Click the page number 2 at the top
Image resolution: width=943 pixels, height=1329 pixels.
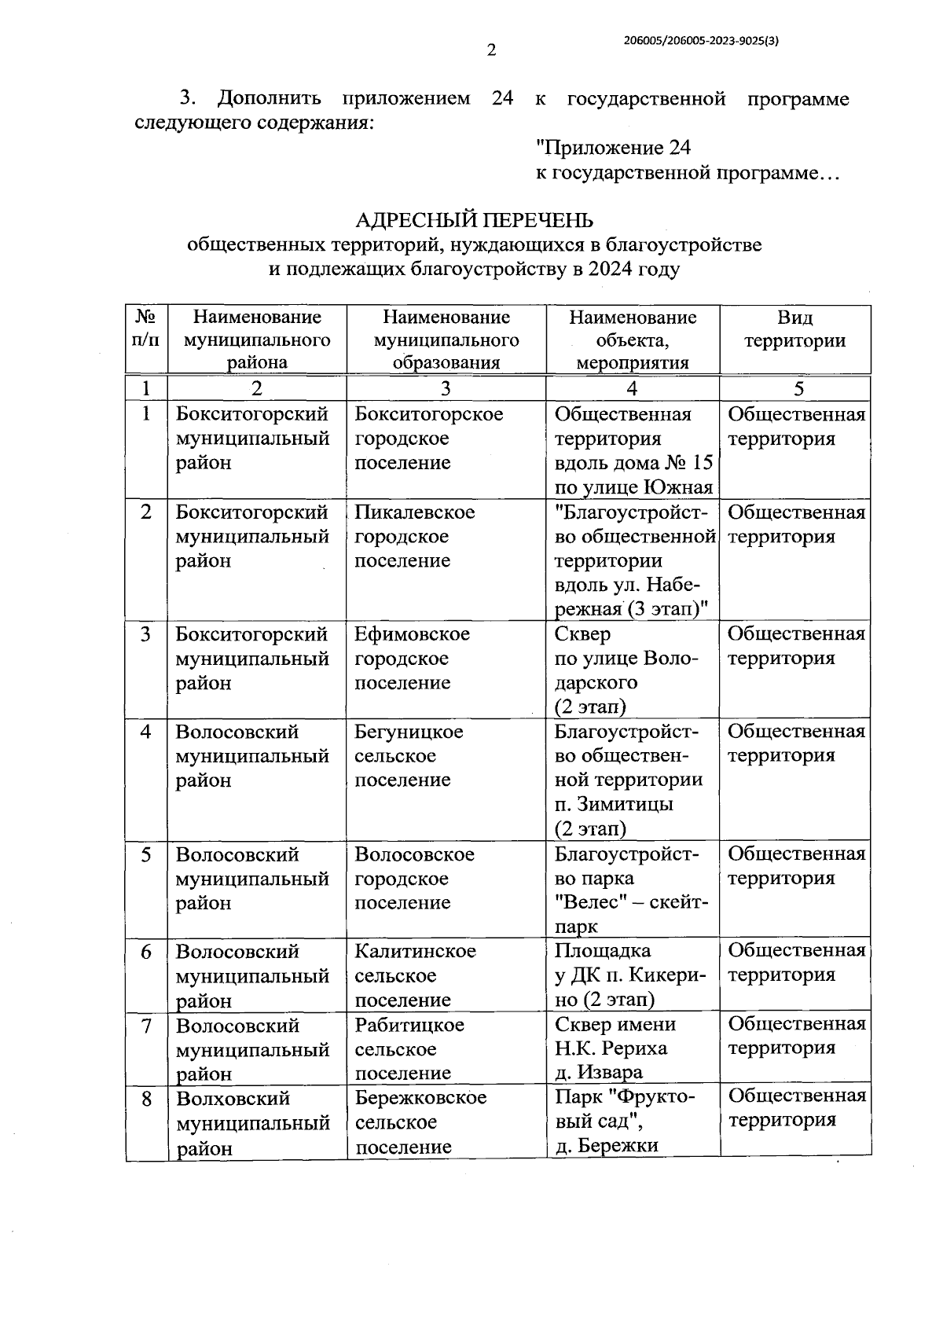[x=491, y=50]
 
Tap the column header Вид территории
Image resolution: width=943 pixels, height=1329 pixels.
[x=794, y=329]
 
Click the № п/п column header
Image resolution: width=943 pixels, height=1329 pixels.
[x=146, y=329]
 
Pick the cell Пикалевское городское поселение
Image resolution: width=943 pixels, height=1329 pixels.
[x=414, y=536]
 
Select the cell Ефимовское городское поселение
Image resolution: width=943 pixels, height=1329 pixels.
[x=412, y=658]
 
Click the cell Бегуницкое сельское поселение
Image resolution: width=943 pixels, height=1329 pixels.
[x=409, y=755]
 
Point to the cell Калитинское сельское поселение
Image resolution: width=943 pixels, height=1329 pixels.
[x=415, y=975]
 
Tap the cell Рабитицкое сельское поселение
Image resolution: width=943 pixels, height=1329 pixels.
[x=409, y=1048]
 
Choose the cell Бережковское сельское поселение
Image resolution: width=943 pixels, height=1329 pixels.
[x=420, y=1122]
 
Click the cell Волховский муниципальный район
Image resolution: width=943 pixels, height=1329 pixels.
[x=252, y=1122]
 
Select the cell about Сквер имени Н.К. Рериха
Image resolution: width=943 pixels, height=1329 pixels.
[x=615, y=1048]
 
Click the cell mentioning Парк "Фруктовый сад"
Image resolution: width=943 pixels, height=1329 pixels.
[x=625, y=1121]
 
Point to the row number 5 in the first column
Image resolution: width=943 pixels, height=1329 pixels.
[x=146, y=854]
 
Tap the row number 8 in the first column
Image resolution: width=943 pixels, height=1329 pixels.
[x=146, y=1099]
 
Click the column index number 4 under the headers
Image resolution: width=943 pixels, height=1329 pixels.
[x=632, y=388]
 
